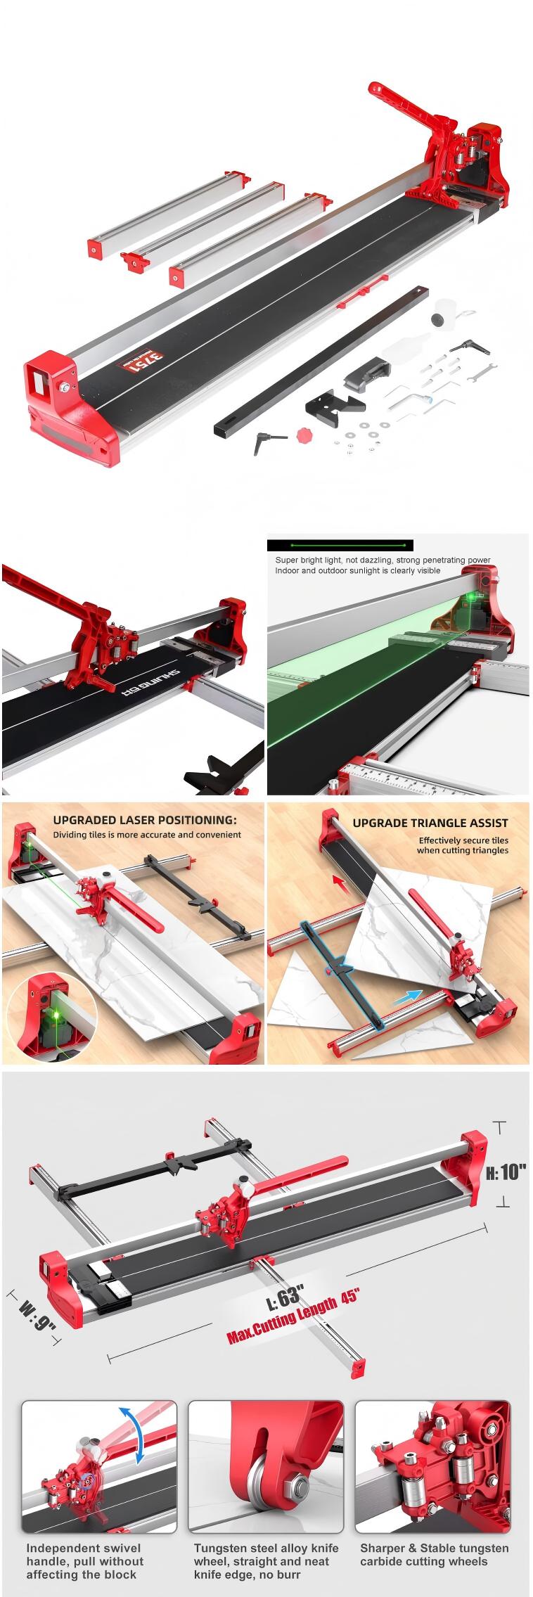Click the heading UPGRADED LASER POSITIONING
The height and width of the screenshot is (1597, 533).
coord(145,820)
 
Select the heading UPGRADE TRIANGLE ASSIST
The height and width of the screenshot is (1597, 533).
coord(430,822)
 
